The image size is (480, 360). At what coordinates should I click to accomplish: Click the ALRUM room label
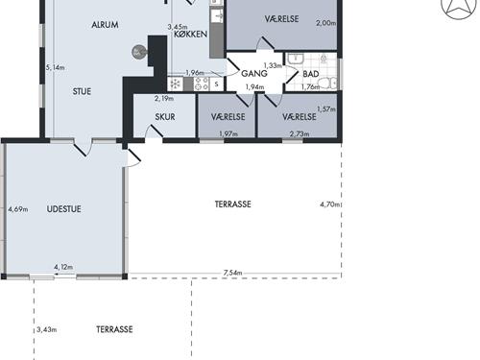(105, 25)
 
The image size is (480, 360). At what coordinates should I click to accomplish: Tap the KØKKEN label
(190, 35)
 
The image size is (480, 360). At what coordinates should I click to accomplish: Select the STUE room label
(82, 91)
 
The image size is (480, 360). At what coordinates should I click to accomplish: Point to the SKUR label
(165, 117)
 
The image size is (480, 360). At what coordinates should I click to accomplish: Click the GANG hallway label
(254, 74)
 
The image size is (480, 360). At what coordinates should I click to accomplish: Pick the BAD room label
(311, 74)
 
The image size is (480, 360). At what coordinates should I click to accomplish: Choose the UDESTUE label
(63, 209)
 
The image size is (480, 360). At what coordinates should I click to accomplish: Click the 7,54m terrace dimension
(232, 273)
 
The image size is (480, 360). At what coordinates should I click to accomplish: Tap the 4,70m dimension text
(329, 204)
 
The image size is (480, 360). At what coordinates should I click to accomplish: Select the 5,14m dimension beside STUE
(56, 67)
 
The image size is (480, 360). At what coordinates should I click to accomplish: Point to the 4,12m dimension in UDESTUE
(63, 267)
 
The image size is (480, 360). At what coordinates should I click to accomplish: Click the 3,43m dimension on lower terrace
(47, 329)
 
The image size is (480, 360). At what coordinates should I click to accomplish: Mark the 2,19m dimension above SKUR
(164, 99)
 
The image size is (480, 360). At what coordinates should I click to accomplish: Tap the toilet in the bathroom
(327, 84)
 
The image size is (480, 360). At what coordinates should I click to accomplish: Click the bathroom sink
(296, 59)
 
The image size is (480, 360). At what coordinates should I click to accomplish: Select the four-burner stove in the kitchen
(202, 84)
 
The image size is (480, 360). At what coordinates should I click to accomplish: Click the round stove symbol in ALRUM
(139, 52)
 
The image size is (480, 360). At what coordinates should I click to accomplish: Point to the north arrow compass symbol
(459, 7)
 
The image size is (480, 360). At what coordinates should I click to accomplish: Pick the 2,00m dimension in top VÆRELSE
(326, 23)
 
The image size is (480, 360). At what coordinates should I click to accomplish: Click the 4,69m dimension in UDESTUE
(18, 209)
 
